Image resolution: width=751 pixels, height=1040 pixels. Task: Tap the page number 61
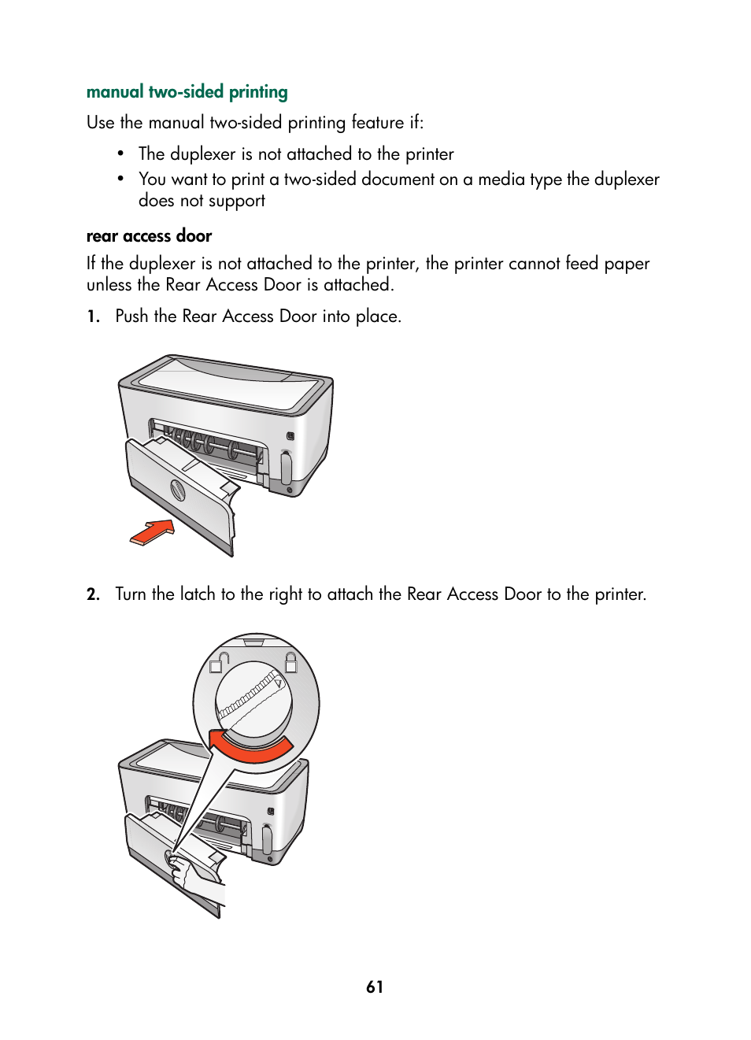tap(375, 986)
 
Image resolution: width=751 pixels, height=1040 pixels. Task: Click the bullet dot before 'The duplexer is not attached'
tap(120, 154)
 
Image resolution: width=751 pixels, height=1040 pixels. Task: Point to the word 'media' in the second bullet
tap(501, 180)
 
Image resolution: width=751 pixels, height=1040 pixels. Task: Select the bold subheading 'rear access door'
tap(149, 236)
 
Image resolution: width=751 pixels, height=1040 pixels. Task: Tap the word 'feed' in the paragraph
tap(582, 263)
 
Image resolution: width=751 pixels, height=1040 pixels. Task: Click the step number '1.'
tap(94, 316)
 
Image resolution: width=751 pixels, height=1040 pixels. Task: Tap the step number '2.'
tap(94, 594)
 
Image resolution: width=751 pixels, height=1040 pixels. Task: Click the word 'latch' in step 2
tap(198, 594)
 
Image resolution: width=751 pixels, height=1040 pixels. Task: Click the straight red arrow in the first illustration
tap(153, 532)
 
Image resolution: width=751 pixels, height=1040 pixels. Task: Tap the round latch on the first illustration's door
tap(178, 490)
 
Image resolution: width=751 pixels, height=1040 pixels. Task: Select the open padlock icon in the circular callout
tap(218, 663)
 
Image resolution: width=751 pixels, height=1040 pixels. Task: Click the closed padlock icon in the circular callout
tap(290, 662)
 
